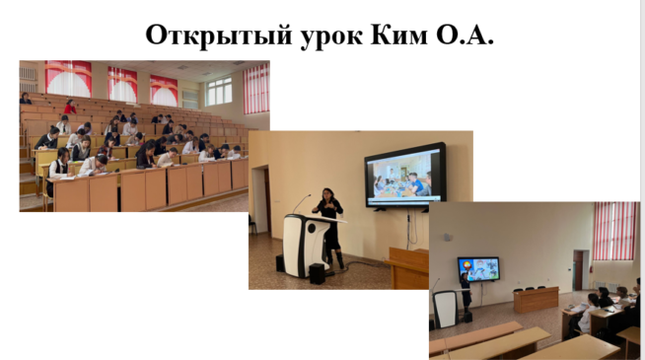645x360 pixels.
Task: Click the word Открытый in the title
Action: coord(219,36)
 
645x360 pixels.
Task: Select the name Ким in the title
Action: coord(399,35)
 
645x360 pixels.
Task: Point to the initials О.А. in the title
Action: coord(465,35)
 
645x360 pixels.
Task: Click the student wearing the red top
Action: coord(70,107)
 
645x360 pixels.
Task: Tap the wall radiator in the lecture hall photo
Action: coord(29,80)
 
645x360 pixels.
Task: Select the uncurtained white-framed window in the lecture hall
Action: coord(219,91)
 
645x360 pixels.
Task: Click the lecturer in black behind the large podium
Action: coord(330,229)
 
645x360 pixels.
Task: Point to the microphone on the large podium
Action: coord(302,203)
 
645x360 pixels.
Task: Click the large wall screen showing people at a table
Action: coord(405,176)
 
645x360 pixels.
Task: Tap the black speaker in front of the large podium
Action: coord(317,273)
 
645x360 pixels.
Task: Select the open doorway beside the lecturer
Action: coord(261,200)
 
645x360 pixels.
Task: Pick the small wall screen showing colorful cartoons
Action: coord(478,269)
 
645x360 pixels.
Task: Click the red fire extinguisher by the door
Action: coord(591,270)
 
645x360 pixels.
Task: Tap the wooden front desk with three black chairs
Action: coord(536,299)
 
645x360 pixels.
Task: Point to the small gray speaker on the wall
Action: coord(447,237)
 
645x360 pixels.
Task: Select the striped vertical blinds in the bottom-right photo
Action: coord(615,231)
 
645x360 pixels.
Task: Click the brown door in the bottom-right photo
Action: coord(578,270)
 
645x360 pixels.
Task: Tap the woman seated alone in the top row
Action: coord(25,98)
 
